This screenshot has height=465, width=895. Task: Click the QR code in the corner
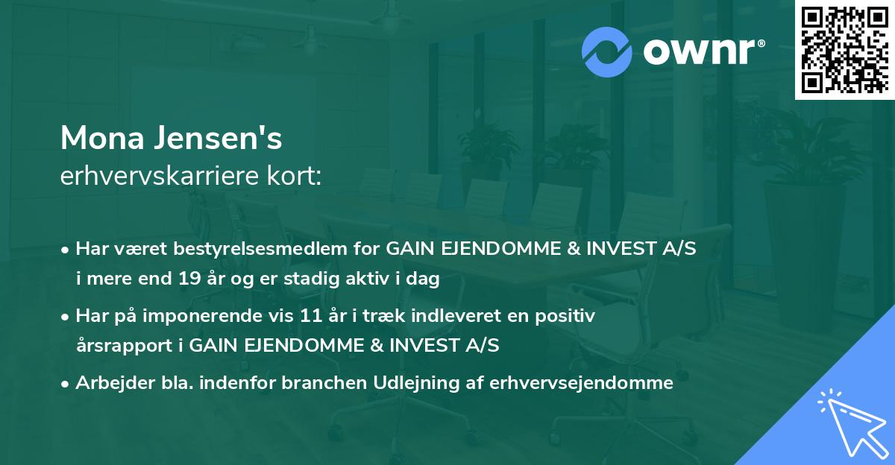(845, 49)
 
